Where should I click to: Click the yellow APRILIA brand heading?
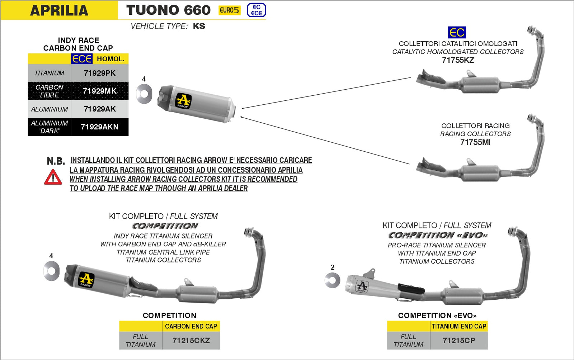59,10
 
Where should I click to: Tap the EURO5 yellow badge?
229,10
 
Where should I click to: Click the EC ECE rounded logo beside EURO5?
257,10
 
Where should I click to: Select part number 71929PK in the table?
99,73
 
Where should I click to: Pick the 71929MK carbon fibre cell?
99,91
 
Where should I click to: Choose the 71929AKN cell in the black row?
99,127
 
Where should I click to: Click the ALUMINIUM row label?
50,109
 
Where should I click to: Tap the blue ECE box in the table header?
82,59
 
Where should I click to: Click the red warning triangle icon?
53,177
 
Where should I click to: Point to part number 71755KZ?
458,60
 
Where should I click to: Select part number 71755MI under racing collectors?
475,142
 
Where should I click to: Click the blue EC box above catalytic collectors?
457,33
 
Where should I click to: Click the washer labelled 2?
332,280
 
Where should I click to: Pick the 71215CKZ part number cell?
191,340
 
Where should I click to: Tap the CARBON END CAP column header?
191,326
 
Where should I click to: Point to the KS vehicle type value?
199,26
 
